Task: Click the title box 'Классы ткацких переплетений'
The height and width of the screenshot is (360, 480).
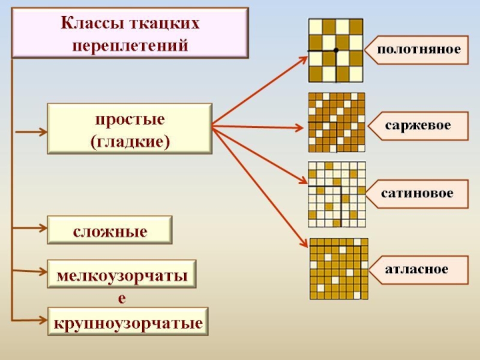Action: click(x=130, y=33)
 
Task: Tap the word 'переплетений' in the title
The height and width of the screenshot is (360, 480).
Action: click(x=130, y=45)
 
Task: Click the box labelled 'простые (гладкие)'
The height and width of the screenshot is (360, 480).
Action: click(x=130, y=127)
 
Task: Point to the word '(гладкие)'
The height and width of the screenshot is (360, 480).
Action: click(x=130, y=142)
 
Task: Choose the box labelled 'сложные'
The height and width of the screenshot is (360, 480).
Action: click(x=110, y=230)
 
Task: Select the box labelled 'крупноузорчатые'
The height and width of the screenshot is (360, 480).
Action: click(x=127, y=323)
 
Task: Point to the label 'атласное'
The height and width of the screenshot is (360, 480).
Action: click(x=416, y=269)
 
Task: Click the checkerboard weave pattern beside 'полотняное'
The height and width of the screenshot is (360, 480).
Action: click(x=335, y=50)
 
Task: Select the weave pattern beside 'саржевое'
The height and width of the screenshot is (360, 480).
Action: click(x=336, y=122)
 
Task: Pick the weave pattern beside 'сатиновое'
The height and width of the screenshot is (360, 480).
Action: click(x=336, y=194)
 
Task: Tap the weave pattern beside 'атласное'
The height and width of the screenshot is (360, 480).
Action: click(x=338, y=269)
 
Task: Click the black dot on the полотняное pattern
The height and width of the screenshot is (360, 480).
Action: click(x=336, y=50)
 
